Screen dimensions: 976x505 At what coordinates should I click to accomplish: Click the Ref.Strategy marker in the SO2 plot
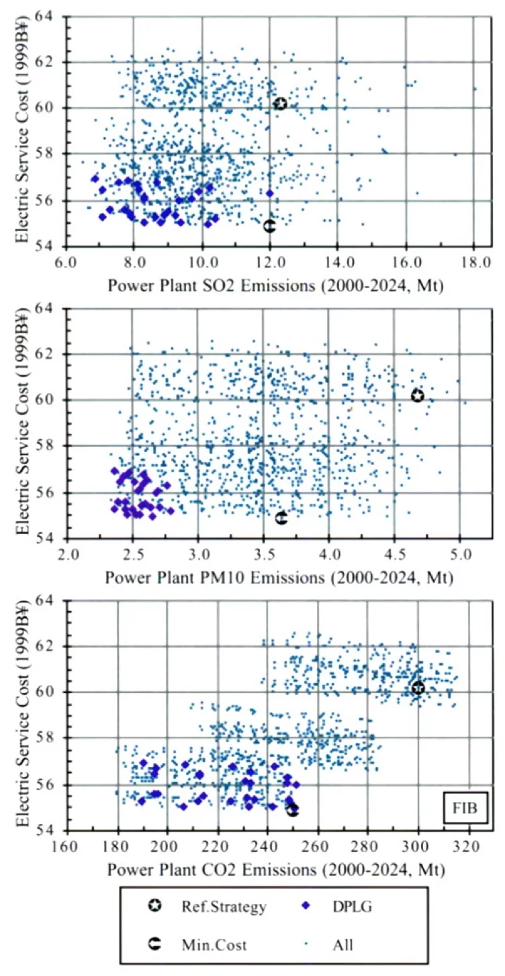[281, 103]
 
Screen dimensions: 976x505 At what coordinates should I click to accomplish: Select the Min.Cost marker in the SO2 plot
[269, 226]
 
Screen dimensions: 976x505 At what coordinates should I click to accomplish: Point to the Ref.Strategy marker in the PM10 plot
[418, 396]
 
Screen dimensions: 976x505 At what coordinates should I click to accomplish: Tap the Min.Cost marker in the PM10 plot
[281, 518]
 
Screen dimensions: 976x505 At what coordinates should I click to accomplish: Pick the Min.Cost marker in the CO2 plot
[293, 810]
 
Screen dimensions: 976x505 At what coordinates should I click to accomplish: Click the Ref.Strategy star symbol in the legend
[154, 906]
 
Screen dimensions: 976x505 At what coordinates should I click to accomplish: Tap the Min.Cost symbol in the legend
[154, 944]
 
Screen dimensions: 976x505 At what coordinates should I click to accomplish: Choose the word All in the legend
[342, 944]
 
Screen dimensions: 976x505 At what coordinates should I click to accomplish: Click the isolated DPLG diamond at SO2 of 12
[270, 193]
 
